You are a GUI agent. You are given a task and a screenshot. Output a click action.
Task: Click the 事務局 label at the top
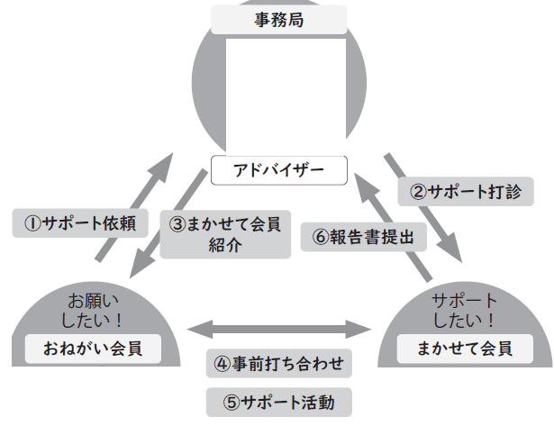coord(277,17)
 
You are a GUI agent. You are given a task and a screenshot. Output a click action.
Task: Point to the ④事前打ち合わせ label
coord(278,365)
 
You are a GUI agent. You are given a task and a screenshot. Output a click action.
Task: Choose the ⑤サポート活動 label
coord(278,402)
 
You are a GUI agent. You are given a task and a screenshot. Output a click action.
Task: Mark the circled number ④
coord(222,365)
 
